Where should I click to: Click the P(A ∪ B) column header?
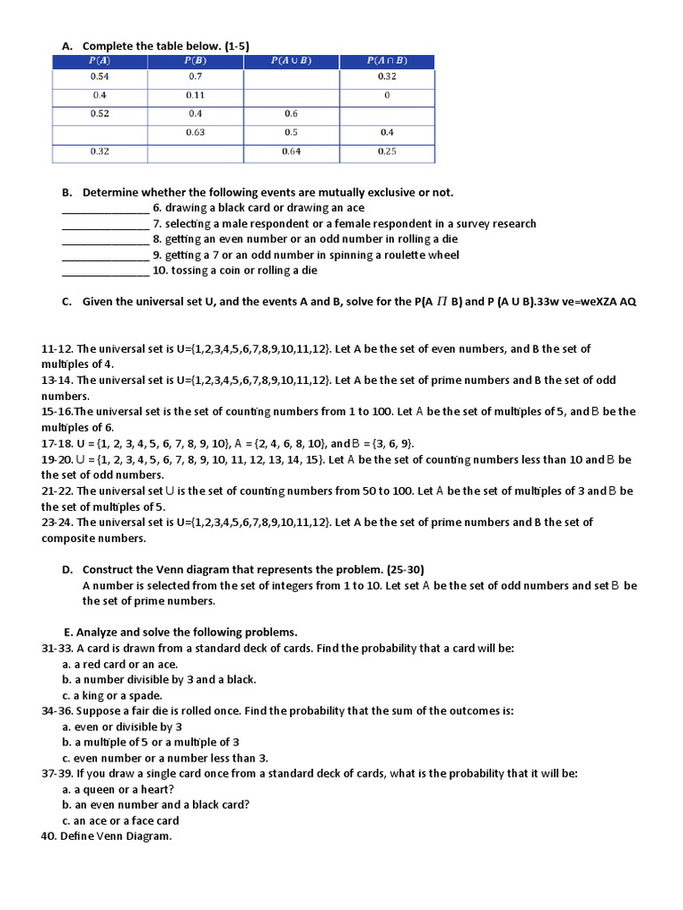291,60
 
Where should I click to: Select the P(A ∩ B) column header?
387,60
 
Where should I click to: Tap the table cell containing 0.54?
100,77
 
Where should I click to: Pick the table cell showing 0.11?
195,95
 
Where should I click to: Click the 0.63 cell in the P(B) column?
195,132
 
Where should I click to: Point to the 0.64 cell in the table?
291,151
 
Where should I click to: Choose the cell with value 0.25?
387,151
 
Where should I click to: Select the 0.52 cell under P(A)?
100,114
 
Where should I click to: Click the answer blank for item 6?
105,209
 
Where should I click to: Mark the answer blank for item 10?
105,271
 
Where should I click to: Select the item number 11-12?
57,349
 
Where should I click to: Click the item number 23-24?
57,523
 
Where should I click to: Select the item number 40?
49,836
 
